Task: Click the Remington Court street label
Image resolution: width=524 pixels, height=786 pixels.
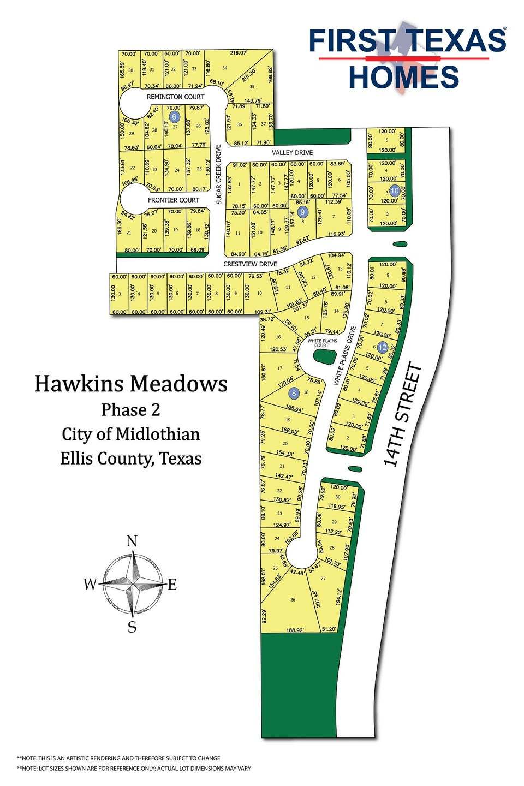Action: pos(175,97)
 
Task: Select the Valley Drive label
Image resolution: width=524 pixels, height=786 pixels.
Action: pos(296,152)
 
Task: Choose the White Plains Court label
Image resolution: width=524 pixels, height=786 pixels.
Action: pos(321,343)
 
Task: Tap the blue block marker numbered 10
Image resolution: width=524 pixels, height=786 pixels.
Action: pos(395,191)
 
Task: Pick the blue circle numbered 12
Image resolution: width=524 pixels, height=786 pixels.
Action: pos(382,347)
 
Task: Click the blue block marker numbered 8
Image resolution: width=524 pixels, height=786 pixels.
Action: pos(294,392)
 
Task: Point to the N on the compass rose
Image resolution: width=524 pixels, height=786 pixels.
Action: pos(132,541)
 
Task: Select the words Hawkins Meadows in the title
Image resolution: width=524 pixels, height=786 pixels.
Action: pos(131,384)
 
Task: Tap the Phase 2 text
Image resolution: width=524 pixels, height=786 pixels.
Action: pos(131,409)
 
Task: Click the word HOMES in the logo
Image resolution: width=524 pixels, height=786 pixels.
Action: pos(404,76)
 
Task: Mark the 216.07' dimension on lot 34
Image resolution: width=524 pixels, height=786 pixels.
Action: pos(239,53)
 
